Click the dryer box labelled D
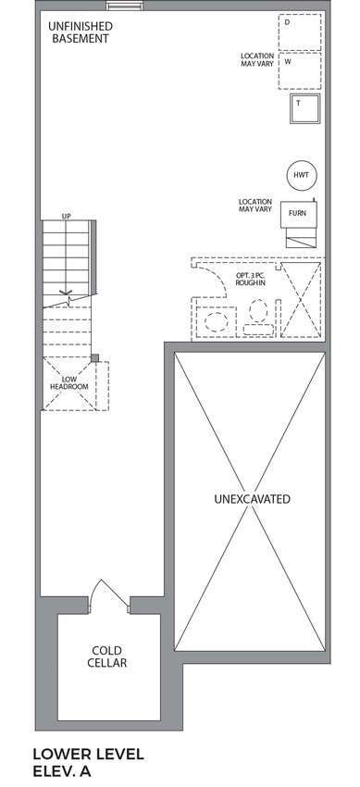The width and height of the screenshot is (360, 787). (x=300, y=32)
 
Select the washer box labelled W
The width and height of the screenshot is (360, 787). (x=300, y=70)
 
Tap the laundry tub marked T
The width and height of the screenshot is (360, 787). (x=304, y=109)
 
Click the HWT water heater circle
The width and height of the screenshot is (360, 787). (x=302, y=175)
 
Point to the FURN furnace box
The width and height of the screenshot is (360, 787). (x=298, y=213)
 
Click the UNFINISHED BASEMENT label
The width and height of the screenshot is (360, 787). (x=80, y=32)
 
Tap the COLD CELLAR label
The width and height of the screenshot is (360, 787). (x=106, y=656)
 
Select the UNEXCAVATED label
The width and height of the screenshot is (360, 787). (x=252, y=499)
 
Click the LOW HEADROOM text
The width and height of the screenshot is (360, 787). (x=69, y=383)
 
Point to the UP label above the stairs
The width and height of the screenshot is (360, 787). (x=67, y=217)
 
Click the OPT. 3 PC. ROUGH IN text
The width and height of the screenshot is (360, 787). (x=251, y=280)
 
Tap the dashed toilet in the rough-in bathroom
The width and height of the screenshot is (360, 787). (x=258, y=318)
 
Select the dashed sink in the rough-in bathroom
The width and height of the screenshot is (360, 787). (x=217, y=321)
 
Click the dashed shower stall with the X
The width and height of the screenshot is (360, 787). (x=301, y=300)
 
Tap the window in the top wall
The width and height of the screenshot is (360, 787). (x=124, y=6)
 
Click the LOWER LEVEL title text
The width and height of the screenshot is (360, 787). (x=89, y=754)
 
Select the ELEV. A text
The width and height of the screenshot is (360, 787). (x=62, y=771)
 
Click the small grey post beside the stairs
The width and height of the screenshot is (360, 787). (x=94, y=358)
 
